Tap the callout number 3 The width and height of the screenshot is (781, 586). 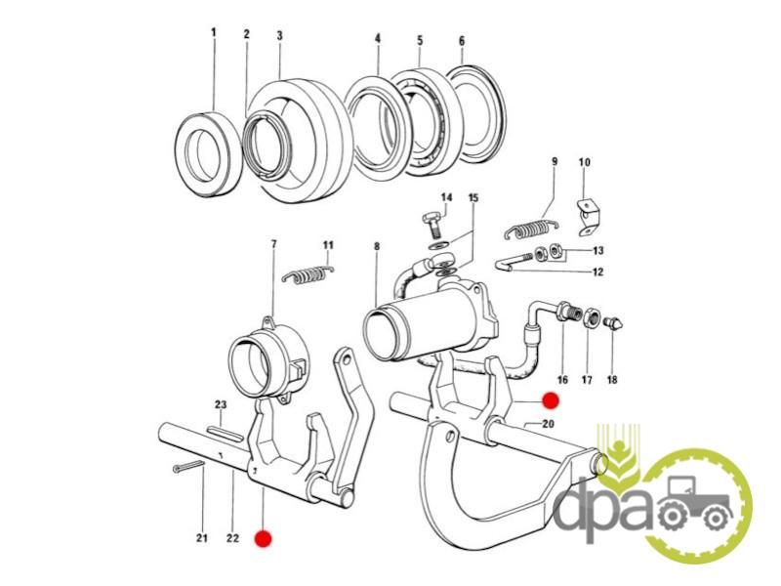click(279, 35)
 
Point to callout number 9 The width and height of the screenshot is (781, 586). click(554, 161)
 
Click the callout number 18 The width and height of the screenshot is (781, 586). click(612, 379)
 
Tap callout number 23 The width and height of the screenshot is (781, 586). click(221, 405)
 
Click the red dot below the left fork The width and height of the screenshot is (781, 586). click(261, 537)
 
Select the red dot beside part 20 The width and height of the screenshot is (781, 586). click(550, 400)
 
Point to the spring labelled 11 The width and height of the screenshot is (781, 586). click(308, 275)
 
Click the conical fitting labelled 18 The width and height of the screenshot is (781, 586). click(612, 324)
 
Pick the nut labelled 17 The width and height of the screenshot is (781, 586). click(592, 319)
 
